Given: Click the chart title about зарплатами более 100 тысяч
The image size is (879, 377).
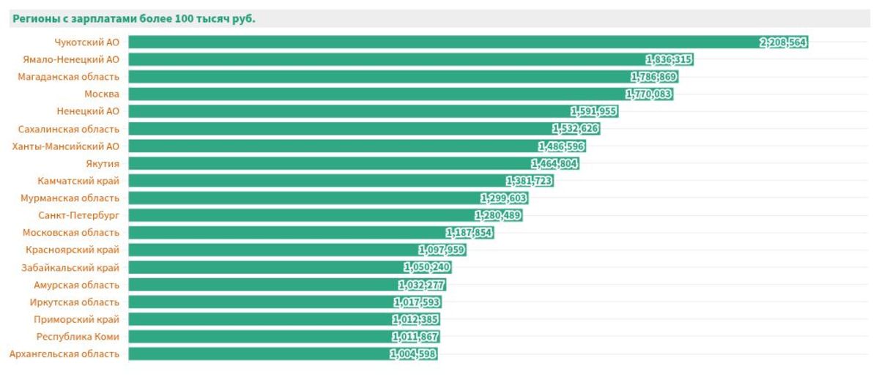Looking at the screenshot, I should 134,19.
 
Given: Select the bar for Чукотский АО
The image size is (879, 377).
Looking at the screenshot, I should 439,42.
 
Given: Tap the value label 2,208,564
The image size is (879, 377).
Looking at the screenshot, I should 783,42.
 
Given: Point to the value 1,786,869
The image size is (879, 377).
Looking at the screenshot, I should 653,77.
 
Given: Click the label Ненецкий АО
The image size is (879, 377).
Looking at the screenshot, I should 88,111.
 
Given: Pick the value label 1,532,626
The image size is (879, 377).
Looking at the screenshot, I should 575,129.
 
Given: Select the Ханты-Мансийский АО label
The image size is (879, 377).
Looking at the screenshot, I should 66,146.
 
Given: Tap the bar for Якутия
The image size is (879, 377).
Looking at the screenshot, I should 330,163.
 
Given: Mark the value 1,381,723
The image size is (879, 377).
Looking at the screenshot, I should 529,181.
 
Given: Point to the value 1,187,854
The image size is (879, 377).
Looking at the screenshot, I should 470,233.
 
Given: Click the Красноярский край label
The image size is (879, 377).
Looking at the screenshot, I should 73,250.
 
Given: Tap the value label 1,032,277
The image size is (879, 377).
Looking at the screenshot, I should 421,285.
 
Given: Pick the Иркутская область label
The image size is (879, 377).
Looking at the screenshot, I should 74,302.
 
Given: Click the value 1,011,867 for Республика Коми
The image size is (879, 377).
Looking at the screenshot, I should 415,337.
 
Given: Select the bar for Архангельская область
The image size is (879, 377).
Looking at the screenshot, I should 256,354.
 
